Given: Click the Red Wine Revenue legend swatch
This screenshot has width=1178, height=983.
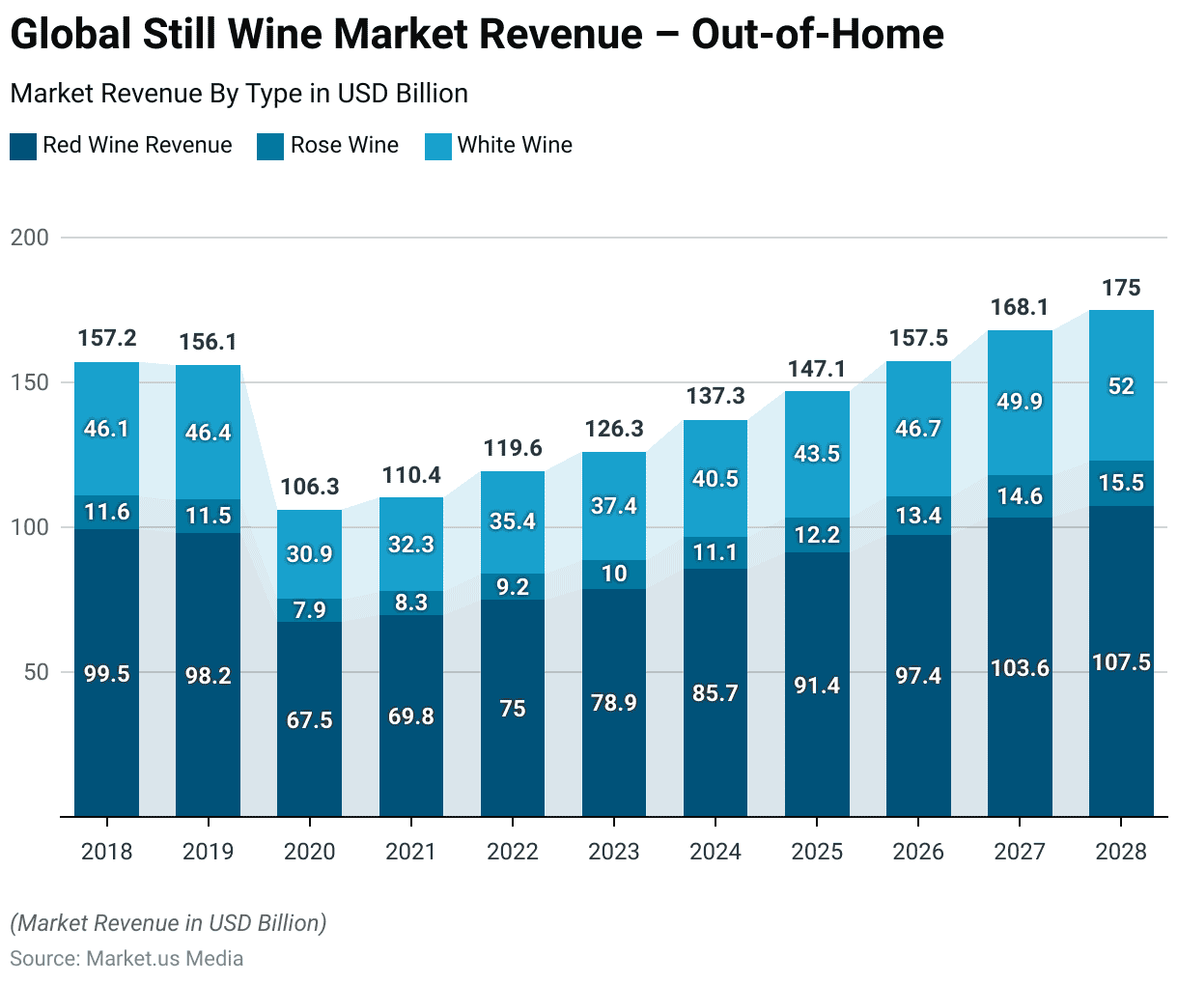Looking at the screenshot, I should [x=23, y=147].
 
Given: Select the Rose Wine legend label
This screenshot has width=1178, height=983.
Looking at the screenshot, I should [x=344, y=146].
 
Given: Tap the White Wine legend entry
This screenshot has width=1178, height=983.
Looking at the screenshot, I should [x=514, y=146].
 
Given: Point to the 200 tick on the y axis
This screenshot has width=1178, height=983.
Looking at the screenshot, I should [x=29, y=238].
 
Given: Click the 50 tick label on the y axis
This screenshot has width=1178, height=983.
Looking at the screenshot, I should [x=36, y=672].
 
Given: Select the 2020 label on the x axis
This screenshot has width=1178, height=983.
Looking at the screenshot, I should [x=309, y=852].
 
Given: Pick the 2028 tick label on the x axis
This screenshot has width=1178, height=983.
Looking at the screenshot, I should [x=1121, y=852].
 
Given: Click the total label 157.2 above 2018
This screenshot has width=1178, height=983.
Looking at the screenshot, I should [x=106, y=338].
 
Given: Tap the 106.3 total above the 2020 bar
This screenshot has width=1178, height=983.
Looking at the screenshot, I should [x=309, y=487].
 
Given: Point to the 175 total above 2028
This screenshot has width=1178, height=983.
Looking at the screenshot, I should [x=1121, y=288].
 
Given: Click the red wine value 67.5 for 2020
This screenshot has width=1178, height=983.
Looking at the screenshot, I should [x=309, y=720].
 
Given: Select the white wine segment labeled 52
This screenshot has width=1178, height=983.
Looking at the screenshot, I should [x=1121, y=386].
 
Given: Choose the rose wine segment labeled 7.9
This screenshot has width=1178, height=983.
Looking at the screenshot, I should [x=309, y=610].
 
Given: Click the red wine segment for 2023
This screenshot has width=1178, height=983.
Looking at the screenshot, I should [x=614, y=702].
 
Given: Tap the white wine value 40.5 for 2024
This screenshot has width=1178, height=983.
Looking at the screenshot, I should [x=715, y=479].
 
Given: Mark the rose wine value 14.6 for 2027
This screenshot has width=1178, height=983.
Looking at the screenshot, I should [x=1020, y=496].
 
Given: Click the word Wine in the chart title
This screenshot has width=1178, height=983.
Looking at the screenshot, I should [x=291, y=35].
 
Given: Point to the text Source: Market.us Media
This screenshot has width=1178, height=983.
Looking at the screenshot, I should [x=126, y=959].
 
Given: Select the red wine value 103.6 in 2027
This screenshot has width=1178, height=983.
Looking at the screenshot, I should [x=1020, y=668].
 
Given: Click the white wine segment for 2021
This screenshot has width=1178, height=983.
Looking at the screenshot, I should [x=411, y=545].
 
